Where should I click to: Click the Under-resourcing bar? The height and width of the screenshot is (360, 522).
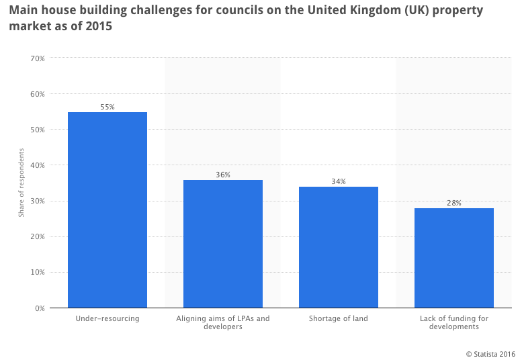coord(107,210)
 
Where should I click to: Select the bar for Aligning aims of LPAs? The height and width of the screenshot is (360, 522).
coord(223,244)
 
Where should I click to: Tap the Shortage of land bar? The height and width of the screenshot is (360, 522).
coord(339,247)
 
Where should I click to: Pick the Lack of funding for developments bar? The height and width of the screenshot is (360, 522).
coord(454,258)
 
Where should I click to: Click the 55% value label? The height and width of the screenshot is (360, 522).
coord(107,107)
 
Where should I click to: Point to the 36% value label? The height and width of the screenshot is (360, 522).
coord(223,175)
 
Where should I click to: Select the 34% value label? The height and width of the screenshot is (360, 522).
coord(339,181)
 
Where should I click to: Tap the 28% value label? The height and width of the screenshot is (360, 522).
coord(454,203)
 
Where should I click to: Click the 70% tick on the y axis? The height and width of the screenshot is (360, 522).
coord(38,58)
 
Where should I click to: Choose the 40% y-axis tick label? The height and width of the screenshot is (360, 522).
coord(38,165)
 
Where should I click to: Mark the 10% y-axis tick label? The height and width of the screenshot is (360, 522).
coord(38,272)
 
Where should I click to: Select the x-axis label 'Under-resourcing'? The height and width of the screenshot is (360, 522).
coord(107,318)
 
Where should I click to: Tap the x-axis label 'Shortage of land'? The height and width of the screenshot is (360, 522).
coord(339,318)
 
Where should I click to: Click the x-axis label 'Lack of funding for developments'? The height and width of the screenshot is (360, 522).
coord(454,322)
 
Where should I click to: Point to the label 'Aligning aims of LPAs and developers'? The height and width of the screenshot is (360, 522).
coord(223,322)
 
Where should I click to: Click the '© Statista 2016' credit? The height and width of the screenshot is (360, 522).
coord(490,353)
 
